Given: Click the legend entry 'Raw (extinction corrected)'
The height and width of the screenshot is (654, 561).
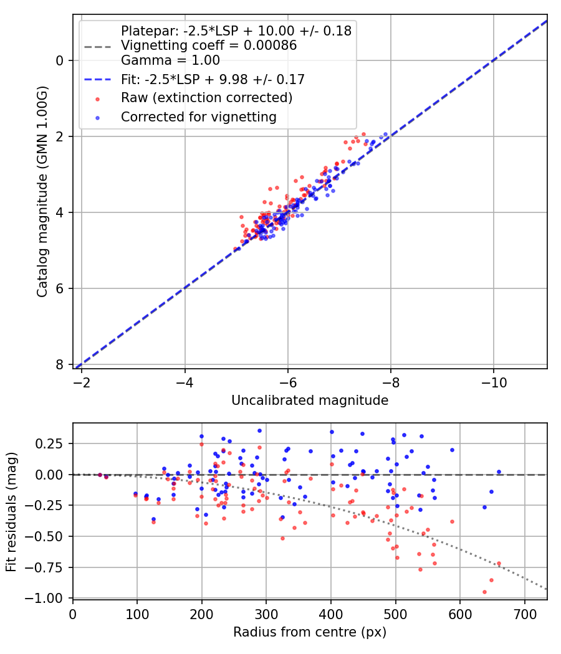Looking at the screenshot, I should pyautogui.click(x=206, y=98).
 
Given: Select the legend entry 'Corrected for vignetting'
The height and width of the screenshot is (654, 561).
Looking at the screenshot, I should pyautogui.click(x=198, y=116).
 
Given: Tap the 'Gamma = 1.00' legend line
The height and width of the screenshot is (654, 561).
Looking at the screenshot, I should pyautogui.click(x=170, y=60).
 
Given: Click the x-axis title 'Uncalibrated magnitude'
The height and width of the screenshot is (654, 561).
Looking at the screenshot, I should pyautogui.click(x=310, y=400).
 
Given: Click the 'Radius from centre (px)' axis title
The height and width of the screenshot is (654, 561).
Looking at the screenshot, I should pyautogui.click(x=310, y=632).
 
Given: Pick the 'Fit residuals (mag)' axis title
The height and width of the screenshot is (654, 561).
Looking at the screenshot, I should pyautogui.click(x=11, y=511).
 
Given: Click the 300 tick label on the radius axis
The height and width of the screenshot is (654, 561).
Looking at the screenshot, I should pyautogui.click(x=266, y=614).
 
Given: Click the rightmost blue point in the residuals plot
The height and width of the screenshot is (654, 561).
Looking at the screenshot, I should pyautogui.click(x=499, y=472).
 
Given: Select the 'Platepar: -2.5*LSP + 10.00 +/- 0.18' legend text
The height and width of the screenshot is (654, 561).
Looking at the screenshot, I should pyautogui.click(x=236, y=31).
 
